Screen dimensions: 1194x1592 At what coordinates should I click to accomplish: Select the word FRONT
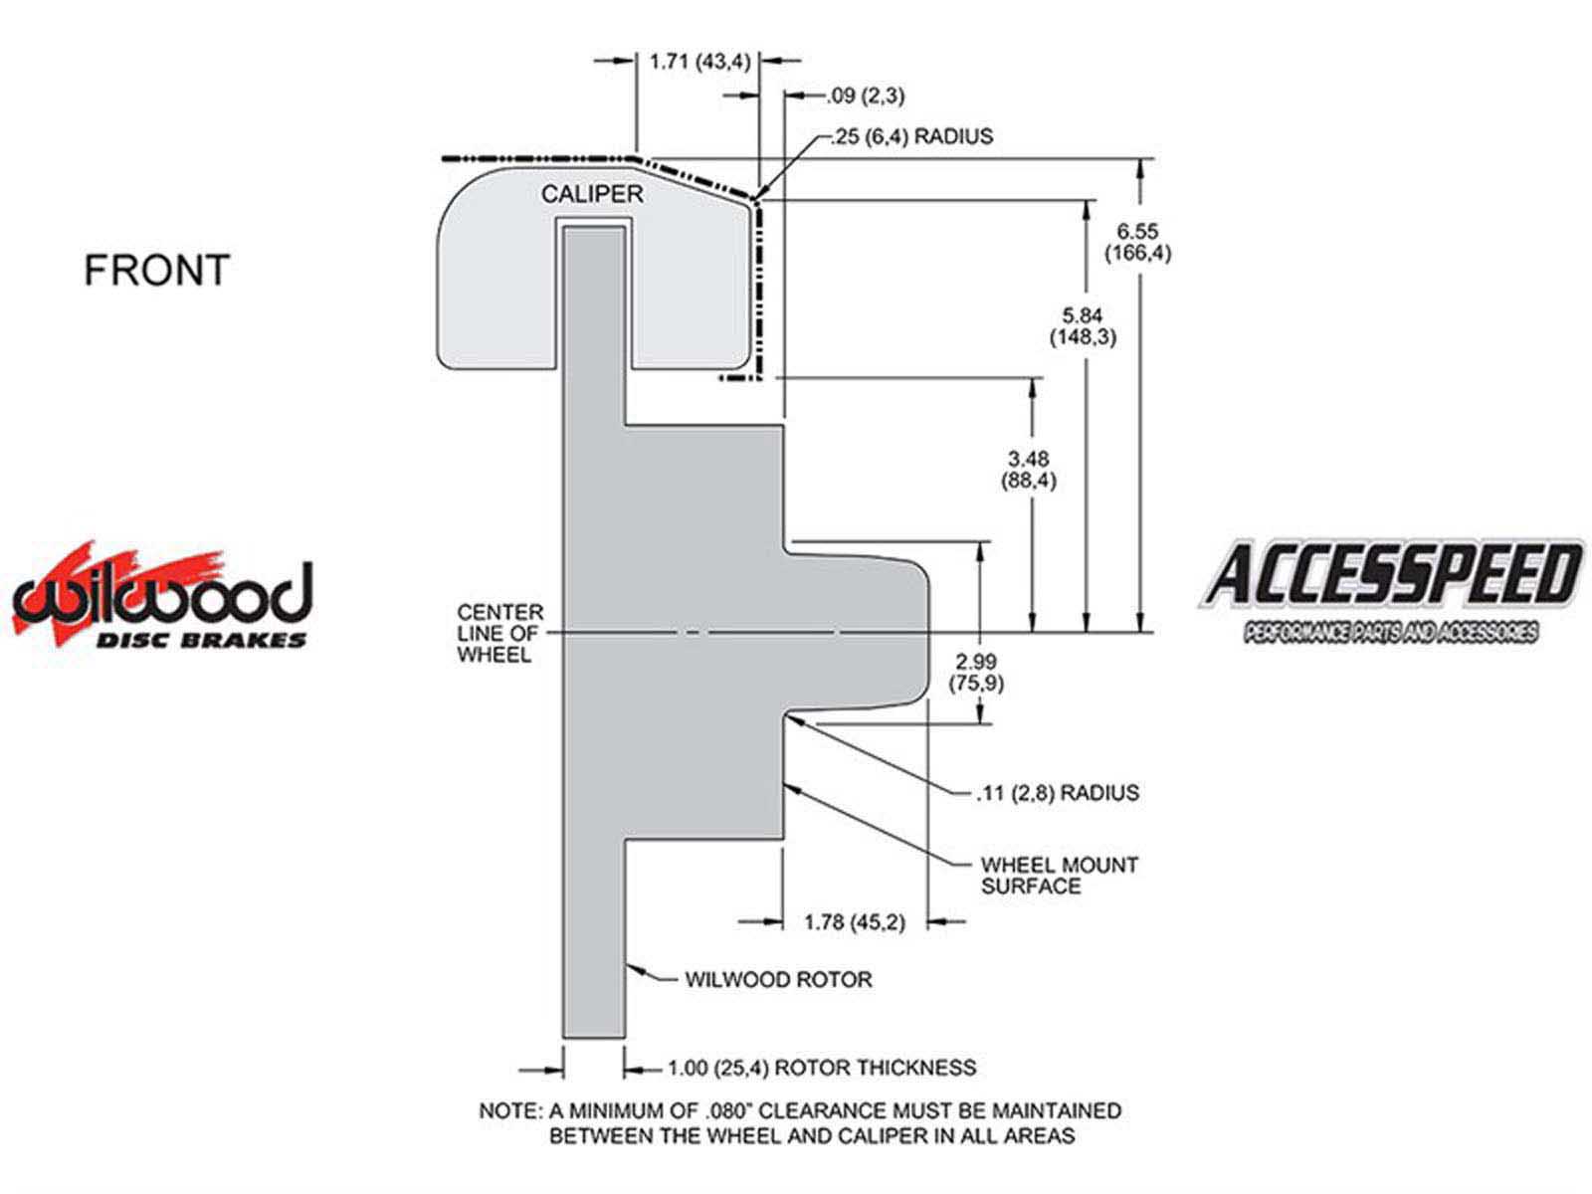click(156, 271)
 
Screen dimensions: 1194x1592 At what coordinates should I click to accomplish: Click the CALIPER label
click(592, 194)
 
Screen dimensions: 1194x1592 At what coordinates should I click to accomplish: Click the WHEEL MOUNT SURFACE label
click(1059, 876)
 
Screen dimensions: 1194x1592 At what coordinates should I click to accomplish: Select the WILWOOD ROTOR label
click(778, 980)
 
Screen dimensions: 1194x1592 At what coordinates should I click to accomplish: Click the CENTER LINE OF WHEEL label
click(500, 633)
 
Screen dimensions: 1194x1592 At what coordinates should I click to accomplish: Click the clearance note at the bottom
click(800, 1122)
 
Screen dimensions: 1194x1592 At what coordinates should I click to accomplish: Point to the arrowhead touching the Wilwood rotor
click(633, 966)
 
